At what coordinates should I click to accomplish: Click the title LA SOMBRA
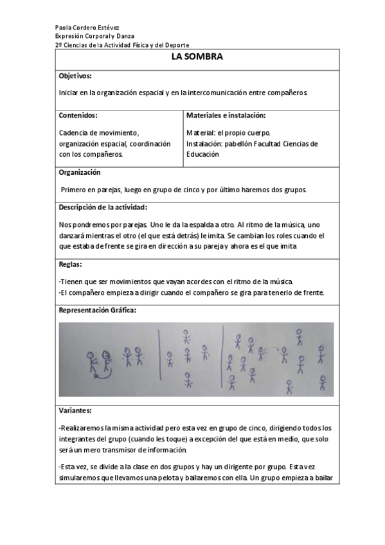point(197,57)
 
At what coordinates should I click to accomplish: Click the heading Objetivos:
point(75,76)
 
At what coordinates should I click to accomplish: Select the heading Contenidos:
point(78,116)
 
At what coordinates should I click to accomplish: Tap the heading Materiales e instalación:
point(226,116)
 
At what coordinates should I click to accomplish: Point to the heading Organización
point(80,173)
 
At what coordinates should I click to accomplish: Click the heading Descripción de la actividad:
point(103,207)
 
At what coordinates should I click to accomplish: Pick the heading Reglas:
point(70,264)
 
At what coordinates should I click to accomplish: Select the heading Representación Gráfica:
point(98,310)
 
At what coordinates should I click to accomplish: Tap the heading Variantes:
point(75,410)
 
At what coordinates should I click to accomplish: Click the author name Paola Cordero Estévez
point(84,28)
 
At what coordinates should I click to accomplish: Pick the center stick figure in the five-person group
point(187,355)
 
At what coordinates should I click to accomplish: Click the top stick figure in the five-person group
point(186,336)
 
